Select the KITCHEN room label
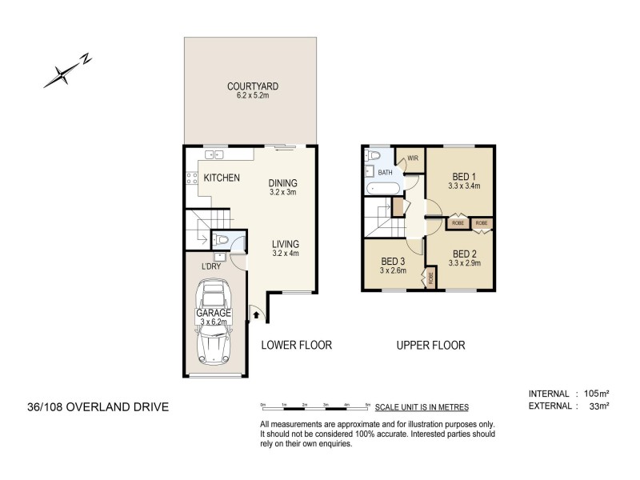coord(221,178)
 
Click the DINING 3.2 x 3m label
coord(282,187)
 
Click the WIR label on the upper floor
coord(413,158)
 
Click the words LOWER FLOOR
coord(296,346)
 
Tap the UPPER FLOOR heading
coord(430,346)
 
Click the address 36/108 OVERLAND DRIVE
coord(97,407)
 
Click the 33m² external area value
coord(599,406)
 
